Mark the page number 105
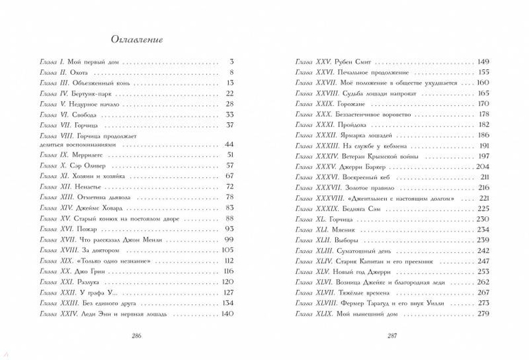[228, 250]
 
